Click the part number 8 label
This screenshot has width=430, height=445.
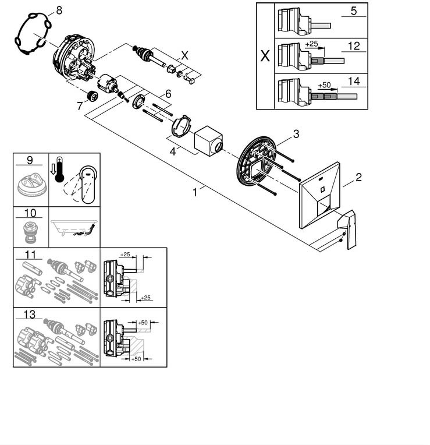[x=58, y=10]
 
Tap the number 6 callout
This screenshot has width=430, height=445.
[x=168, y=93]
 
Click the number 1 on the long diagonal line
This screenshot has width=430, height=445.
[x=196, y=190]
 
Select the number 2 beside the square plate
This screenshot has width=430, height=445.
[x=358, y=177]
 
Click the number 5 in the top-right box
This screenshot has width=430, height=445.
[x=353, y=10]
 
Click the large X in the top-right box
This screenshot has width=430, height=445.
[x=265, y=56]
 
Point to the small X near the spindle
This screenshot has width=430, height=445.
[x=185, y=55]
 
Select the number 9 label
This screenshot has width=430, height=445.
[x=29, y=159]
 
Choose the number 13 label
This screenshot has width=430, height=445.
[x=29, y=315]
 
